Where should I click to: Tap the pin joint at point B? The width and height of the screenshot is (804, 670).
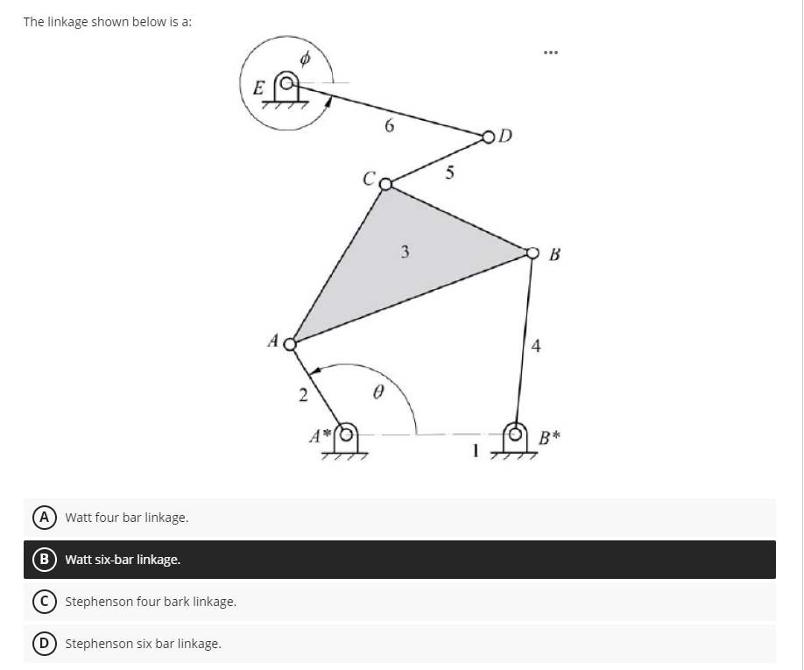point(533,253)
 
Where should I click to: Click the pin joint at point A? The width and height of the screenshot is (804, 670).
point(291,342)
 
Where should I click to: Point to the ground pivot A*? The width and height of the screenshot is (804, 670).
point(348,433)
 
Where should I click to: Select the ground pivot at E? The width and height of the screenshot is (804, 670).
point(285,84)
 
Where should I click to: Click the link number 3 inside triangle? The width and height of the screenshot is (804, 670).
point(405,253)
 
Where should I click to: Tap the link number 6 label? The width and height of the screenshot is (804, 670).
point(389,126)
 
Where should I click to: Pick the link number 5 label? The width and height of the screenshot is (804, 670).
point(448,173)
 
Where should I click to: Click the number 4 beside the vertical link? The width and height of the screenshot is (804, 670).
point(536,347)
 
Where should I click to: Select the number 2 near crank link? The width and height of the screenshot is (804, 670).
point(302,396)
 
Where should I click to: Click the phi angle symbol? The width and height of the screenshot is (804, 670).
point(305,60)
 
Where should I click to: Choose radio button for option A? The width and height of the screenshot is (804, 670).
point(42,518)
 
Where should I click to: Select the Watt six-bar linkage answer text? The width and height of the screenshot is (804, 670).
point(123,560)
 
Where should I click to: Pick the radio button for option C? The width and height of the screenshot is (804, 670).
point(42,602)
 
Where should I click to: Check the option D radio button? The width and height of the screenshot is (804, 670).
point(42,644)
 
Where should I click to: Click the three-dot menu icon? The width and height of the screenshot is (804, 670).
point(550,51)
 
